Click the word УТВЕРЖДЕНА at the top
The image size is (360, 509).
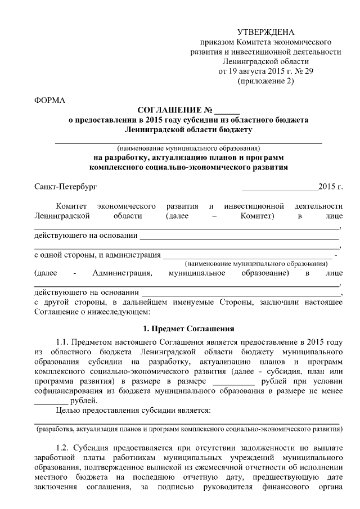pyautogui.click(x=265, y=31)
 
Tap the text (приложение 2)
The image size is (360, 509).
pyautogui.click(x=266, y=82)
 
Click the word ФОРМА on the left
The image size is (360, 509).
pyautogui.click(x=50, y=101)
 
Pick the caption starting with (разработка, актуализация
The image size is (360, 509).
pyautogui.click(x=188, y=429)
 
